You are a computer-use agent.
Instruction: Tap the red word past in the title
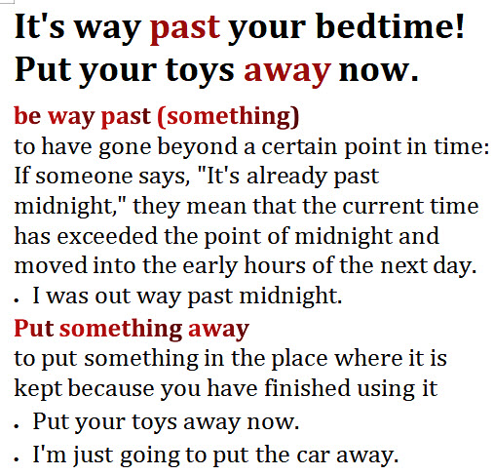(x=185, y=30)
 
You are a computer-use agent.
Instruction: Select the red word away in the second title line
(x=287, y=72)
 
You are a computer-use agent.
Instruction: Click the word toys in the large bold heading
(x=200, y=71)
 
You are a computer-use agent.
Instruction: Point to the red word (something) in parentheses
(x=228, y=116)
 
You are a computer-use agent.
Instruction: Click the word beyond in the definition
(x=197, y=147)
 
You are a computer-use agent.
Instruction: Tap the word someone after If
(x=84, y=177)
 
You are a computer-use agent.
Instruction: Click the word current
(x=383, y=207)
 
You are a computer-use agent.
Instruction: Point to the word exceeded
(x=107, y=236)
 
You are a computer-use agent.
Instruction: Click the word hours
(x=275, y=265)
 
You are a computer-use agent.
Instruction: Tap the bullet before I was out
(x=17, y=301)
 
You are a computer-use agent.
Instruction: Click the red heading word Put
(x=34, y=329)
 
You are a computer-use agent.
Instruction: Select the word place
(x=299, y=360)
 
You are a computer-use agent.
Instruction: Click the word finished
(x=307, y=388)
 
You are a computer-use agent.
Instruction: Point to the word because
(x=111, y=388)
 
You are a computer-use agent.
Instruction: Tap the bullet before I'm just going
(x=17, y=458)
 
